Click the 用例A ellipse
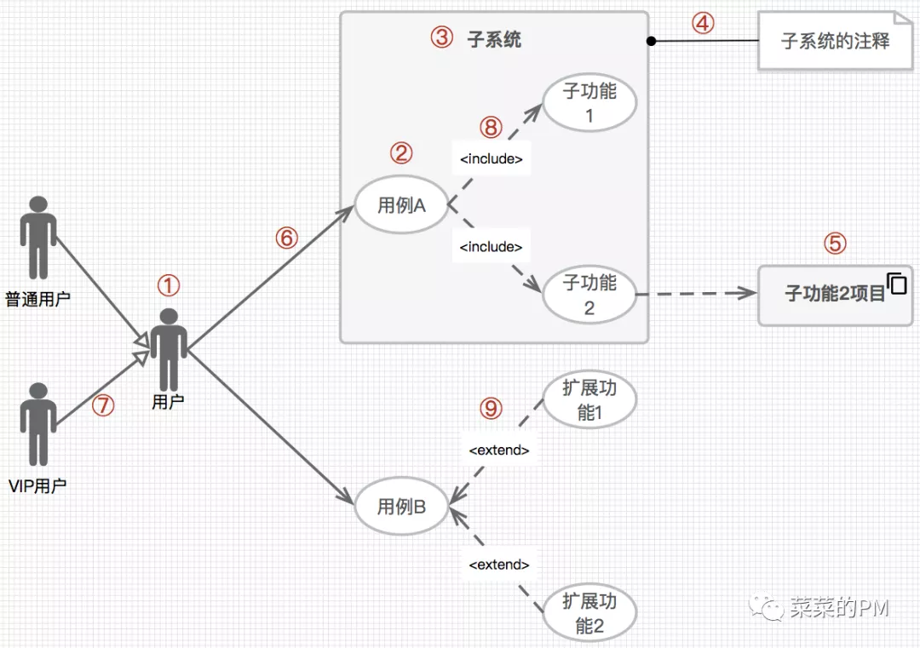pos(401,205)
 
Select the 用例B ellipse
pos(401,508)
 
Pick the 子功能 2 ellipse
pos(589,295)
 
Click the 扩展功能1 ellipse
pos(589,400)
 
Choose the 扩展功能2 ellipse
pos(589,613)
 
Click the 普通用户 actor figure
pos(37,238)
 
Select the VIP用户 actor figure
pos(37,424)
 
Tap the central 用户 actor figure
pos(170,349)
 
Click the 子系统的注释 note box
pos(835,41)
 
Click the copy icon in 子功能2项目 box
pos(897,284)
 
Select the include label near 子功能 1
pos(491,159)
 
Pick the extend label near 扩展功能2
pos(499,565)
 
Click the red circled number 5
pos(835,244)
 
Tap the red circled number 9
pos(491,409)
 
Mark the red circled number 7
pos(103,406)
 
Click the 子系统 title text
pos(494,38)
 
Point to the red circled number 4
pos(702,23)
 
